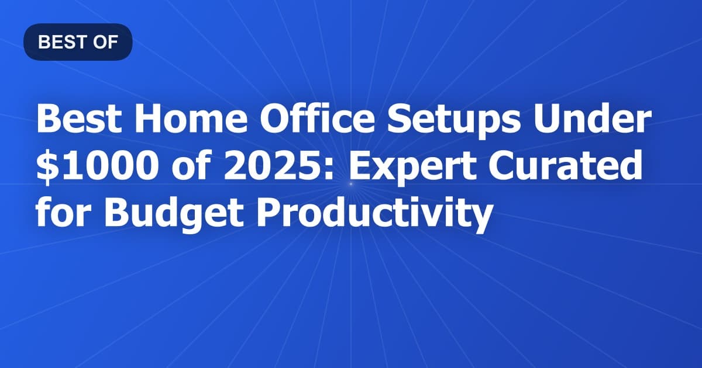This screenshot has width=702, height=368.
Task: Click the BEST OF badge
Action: click(x=78, y=42)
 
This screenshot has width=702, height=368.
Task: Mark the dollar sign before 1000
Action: click(x=46, y=169)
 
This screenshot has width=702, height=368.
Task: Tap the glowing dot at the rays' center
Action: click(x=351, y=184)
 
